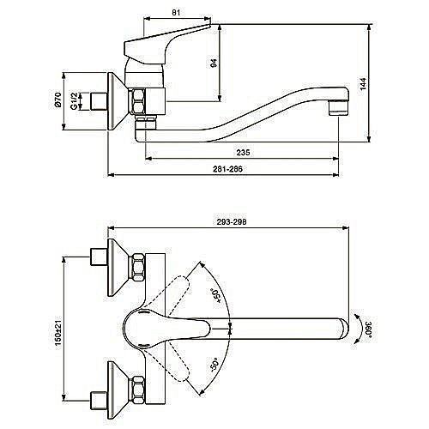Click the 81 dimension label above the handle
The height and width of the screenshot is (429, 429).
pos(176,13)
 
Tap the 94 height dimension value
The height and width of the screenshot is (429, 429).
pos(214,63)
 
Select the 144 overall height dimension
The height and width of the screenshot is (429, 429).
pos(363,84)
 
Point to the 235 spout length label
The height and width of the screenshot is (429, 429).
pos(243,153)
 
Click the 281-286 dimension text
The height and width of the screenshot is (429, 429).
pos(227,169)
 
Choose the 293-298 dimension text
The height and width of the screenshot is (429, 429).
pos(232,222)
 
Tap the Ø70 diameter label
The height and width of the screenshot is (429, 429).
pos(58,100)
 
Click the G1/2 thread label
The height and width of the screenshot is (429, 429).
pos(74,101)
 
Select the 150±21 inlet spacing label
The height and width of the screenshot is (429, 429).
pos(58,330)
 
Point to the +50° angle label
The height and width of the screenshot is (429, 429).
pos(216,296)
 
